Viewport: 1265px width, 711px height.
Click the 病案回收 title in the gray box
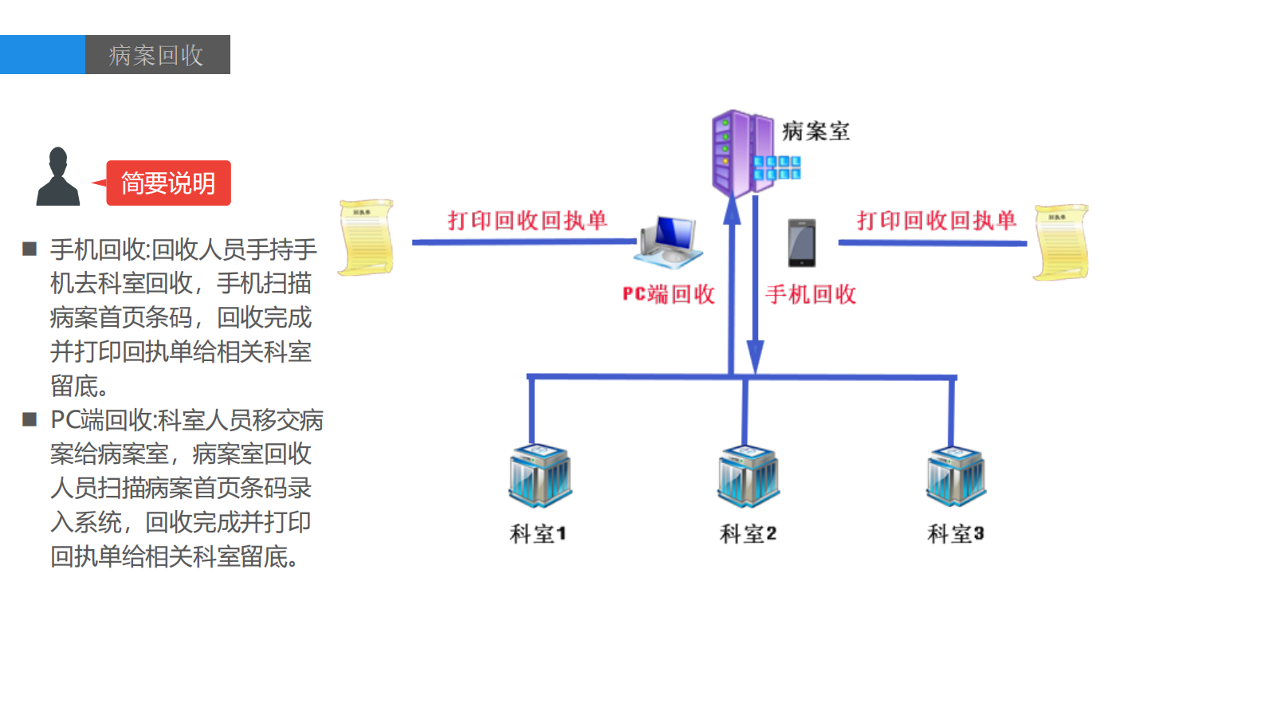click(156, 55)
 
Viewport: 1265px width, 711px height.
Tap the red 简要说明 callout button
click(168, 183)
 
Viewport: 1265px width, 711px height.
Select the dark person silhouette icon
click(57, 177)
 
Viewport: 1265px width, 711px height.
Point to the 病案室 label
click(815, 132)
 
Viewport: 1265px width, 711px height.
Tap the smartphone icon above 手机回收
click(802, 243)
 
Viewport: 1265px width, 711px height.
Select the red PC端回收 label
click(668, 294)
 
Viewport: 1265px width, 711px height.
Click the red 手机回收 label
click(811, 294)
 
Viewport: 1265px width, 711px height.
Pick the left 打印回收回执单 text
click(527, 220)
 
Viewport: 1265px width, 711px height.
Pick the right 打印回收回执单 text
click(937, 220)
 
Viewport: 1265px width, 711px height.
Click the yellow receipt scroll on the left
click(366, 238)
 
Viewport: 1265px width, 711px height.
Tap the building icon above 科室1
click(540, 476)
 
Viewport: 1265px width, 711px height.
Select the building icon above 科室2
click(748, 476)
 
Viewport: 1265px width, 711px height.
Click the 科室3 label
click(955, 533)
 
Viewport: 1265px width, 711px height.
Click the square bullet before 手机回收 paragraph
click(30, 249)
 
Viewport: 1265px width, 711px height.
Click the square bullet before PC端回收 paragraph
click(30, 419)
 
